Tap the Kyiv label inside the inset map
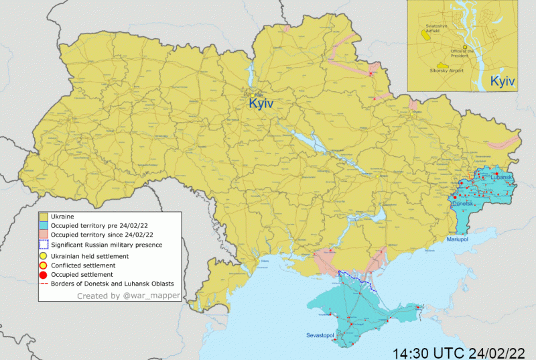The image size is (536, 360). point(503,80)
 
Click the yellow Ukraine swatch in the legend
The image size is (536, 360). point(44,217)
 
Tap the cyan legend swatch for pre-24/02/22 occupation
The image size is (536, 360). point(44,226)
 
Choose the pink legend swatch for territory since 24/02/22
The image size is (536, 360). point(44,235)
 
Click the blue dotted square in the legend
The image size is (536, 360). point(44,245)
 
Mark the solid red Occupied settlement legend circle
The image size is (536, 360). point(44,275)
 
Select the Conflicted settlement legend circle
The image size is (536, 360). point(44,265)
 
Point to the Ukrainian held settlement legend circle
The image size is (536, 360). point(44,256)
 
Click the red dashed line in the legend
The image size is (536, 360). point(44,284)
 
